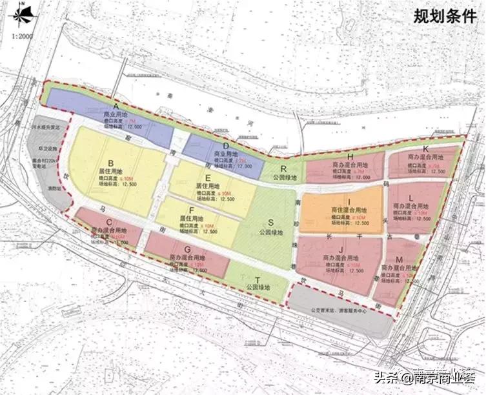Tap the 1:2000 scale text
click(21, 36)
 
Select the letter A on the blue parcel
click(116, 105)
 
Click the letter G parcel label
click(187, 248)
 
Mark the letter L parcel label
click(411, 197)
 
